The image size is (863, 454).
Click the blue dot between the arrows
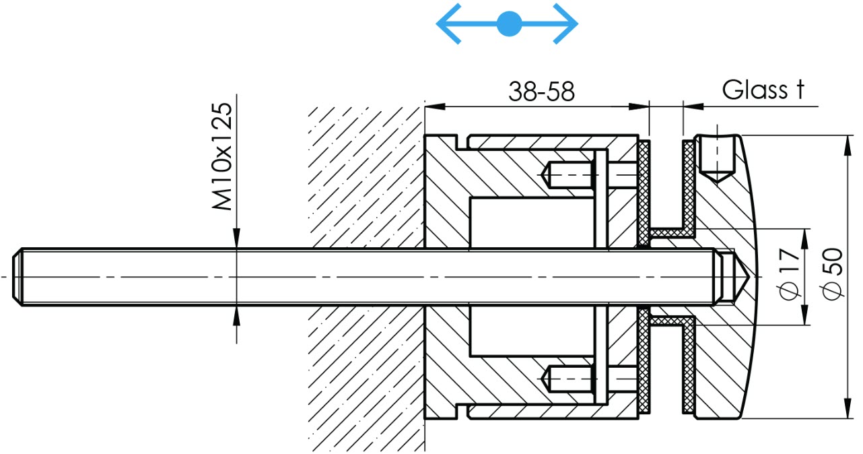[x=509, y=24]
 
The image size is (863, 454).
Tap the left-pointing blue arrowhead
[x=448, y=24]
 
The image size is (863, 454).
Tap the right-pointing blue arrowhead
[x=565, y=24]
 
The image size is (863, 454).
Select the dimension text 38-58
[x=541, y=92]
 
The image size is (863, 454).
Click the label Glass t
[x=763, y=90]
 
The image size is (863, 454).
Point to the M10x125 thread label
[x=222, y=156]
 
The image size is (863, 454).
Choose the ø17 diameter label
[x=790, y=273]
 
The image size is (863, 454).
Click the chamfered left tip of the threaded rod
[x=17, y=277]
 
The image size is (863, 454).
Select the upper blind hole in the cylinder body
[x=567, y=174]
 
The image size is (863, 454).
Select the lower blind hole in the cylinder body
[x=567, y=379]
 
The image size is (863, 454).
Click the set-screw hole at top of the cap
[x=716, y=158]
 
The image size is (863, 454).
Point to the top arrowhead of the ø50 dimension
[x=848, y=145]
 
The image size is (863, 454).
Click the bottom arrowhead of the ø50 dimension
[x=848, y=408]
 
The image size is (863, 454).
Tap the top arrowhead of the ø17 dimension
[x=805, y=238]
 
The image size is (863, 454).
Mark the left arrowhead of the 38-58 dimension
[x=435, y=106]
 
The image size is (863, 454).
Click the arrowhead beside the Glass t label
[x=693, y=106]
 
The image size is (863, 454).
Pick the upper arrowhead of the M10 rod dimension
[x=236, y=238]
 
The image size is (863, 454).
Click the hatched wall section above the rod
[x=366, y=177]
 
